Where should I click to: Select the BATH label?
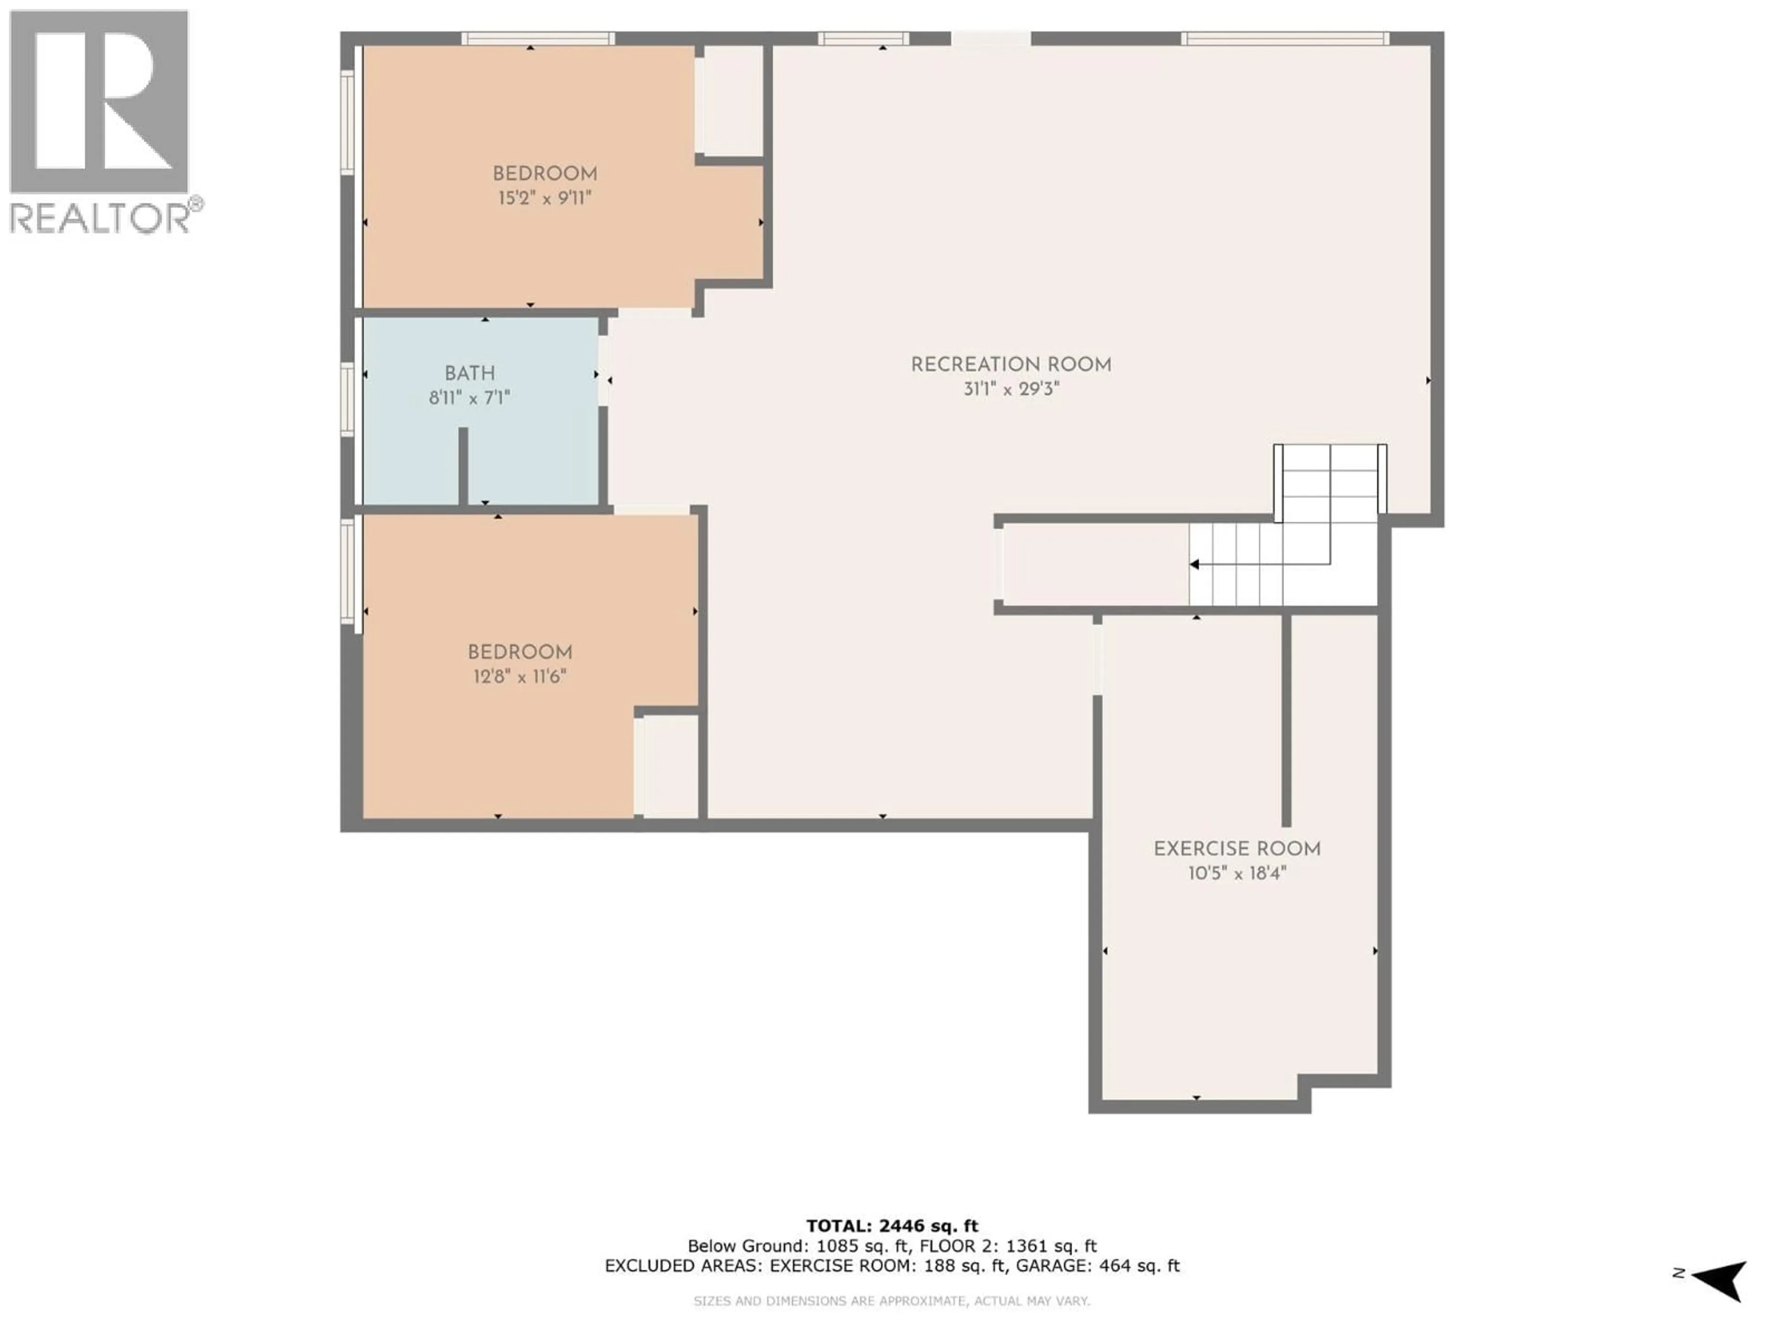pos(469,374)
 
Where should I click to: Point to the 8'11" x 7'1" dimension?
pos(469,398)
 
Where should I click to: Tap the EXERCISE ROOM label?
pos(1236,849)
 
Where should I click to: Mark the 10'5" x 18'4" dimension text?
pos(1236,873)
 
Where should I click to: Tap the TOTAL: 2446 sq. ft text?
pos(892,1226)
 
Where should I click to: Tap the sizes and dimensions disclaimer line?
pos(892,1301)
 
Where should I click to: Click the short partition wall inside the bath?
pos(463,466)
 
